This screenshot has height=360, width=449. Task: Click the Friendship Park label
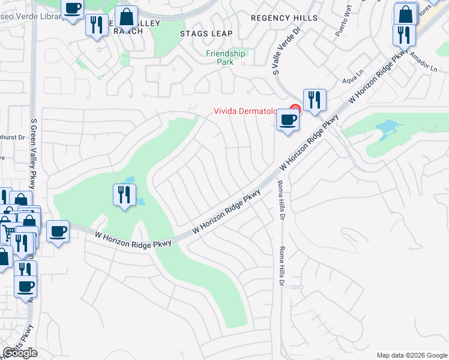click(x=226, y=57)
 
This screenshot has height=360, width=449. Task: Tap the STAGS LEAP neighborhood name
click(x=206, y=34)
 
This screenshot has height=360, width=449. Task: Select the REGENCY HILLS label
click(x=284, y=18)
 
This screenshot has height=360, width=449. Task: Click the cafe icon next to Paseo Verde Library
click(x=73, y=9)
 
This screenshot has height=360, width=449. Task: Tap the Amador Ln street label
click(x=424, y=63)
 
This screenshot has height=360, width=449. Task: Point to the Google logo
click(x=20, y=353)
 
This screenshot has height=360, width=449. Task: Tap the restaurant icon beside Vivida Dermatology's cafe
click(x=315, y=100)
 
